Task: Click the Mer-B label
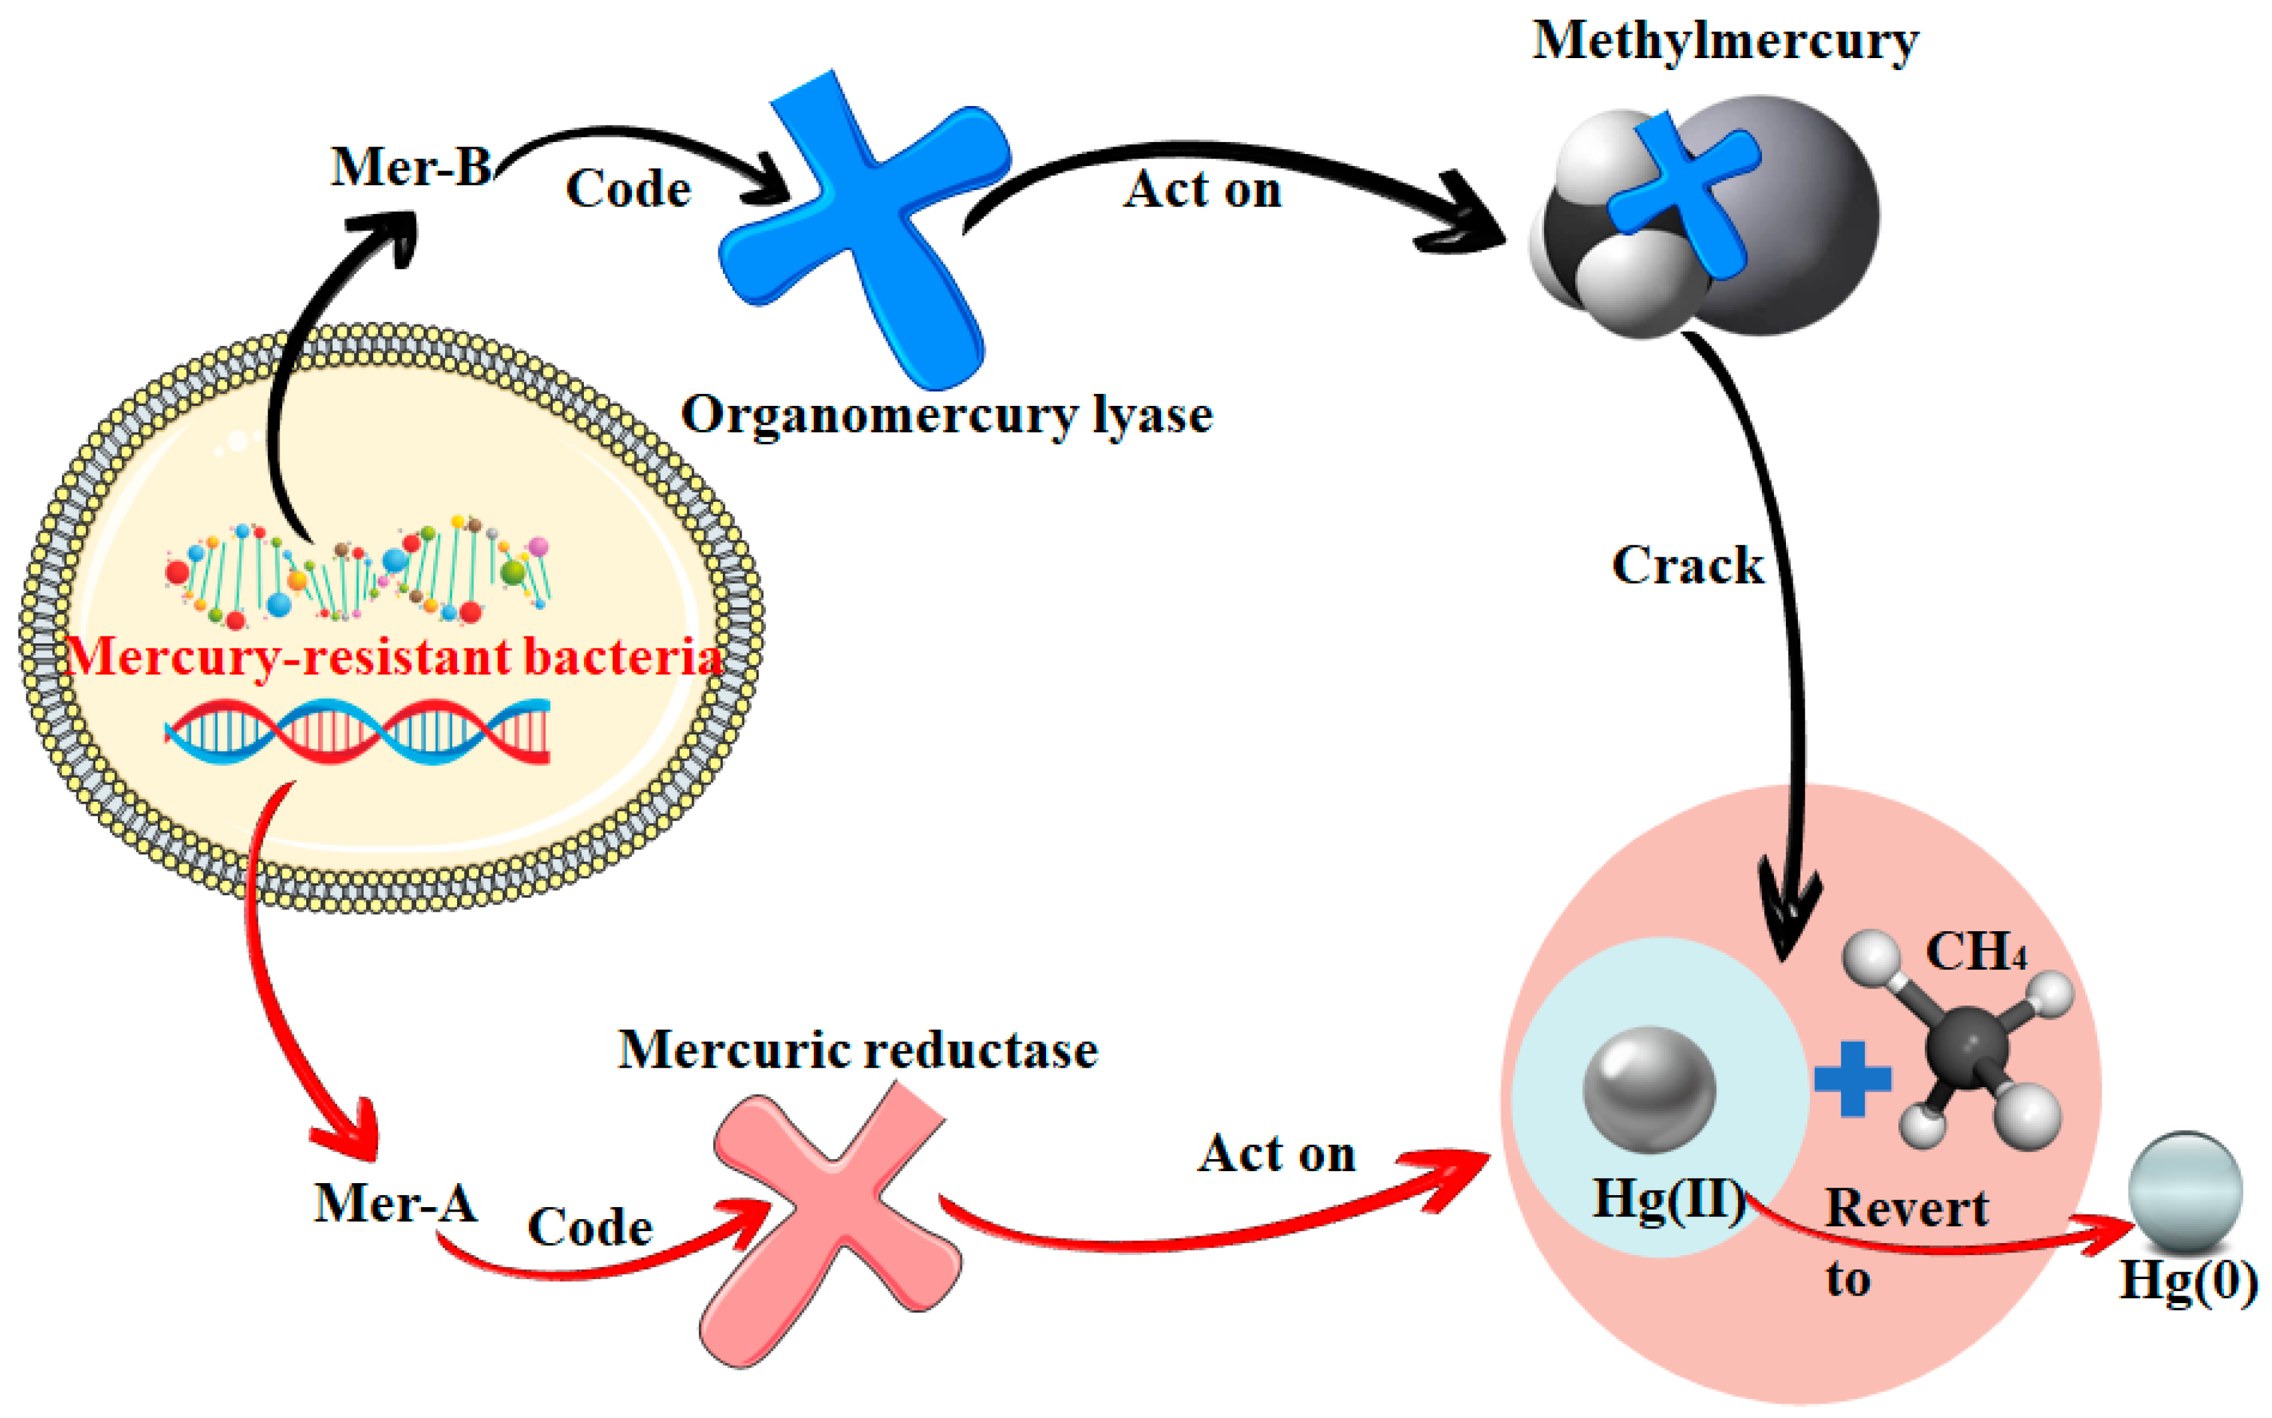click(x=411, y=167)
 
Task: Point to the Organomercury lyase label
click(x=946, y=415)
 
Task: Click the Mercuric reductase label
click(x=857, y=1049)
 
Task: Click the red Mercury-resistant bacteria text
click(x=394, y=657)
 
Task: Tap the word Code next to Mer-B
click(x=628, y=189)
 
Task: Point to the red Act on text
click(x=1276, y=1153)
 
